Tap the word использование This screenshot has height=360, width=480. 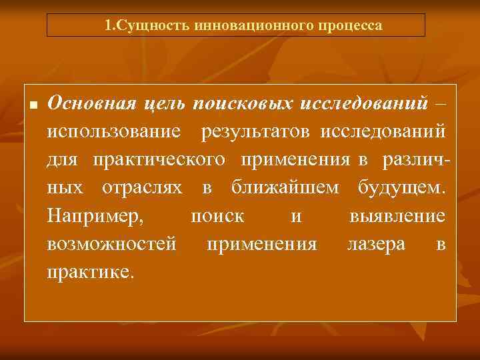point(113,133)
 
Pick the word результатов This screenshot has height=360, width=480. point(257,133)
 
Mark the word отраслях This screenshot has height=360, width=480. point(141,189)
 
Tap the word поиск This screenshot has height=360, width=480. point(217,217)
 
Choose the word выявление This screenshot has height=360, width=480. point(397,217)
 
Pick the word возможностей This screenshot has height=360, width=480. point(111,245)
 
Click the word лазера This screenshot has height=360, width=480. point(376,245)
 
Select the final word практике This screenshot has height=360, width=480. point(90,273)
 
